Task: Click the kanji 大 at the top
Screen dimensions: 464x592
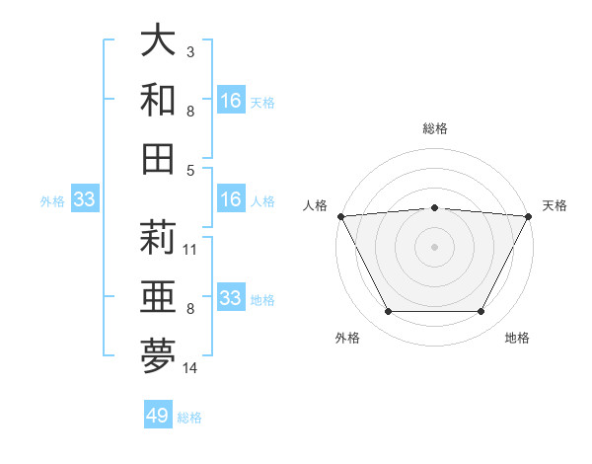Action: click(x=158, y=42)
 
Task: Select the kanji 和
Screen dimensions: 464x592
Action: click(x=158, y=101)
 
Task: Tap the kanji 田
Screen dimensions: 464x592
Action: click(x=158, y=159)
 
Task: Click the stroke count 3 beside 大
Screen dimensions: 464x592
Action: click(x=190, y=51)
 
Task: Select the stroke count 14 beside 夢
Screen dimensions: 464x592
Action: click(x=190, y=368)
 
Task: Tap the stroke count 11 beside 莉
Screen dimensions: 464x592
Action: click(x=190, y=250)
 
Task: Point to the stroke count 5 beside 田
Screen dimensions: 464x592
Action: click(x=190, y=170)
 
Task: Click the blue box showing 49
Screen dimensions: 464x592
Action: click(x=158, y=416)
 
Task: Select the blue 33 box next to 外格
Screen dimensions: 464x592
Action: click(x=84, y=200)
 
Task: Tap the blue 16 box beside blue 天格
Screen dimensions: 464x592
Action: click(x=231, y=101)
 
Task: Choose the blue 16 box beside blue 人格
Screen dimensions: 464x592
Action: click(x=231, y=200)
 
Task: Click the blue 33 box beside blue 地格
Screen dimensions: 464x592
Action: click(x=231, y=298)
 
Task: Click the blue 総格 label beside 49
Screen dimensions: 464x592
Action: click(x=189, y=418)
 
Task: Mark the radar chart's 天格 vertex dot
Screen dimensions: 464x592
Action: click(x=530, y=215)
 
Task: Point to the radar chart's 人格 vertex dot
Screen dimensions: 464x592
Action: click(x=340, y=215)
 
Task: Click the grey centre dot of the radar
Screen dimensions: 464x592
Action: click(x=435, y=246)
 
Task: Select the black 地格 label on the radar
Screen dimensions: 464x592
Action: click(x=517, y=338)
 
